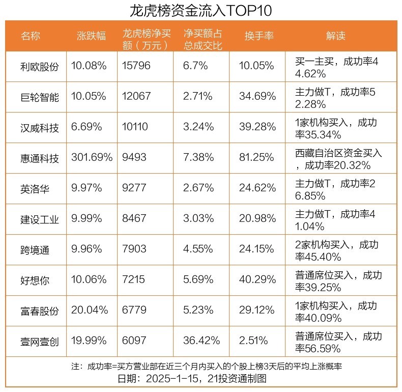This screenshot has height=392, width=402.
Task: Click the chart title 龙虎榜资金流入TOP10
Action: pyautogui.click(x=201, y=10)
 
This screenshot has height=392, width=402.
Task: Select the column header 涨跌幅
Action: pyautogui.click(x=92, y=36)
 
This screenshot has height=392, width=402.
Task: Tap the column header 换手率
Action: pyautogui.click(x=259, y=36)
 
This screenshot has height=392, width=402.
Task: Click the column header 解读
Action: pyautogui.click(x=336, y=36)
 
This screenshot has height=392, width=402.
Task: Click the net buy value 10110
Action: pyautogui.click(x=135, y=127)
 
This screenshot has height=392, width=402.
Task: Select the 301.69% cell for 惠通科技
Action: pyautogui.click(x=92, y=158)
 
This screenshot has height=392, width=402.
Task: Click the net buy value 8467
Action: pyautogui.click(x=134, y=219)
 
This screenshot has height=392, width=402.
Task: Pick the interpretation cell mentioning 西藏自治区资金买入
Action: pyautogui.click(x=338, y=158)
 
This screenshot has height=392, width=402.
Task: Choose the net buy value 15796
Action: pyautogui.click(x=136, y=66)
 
